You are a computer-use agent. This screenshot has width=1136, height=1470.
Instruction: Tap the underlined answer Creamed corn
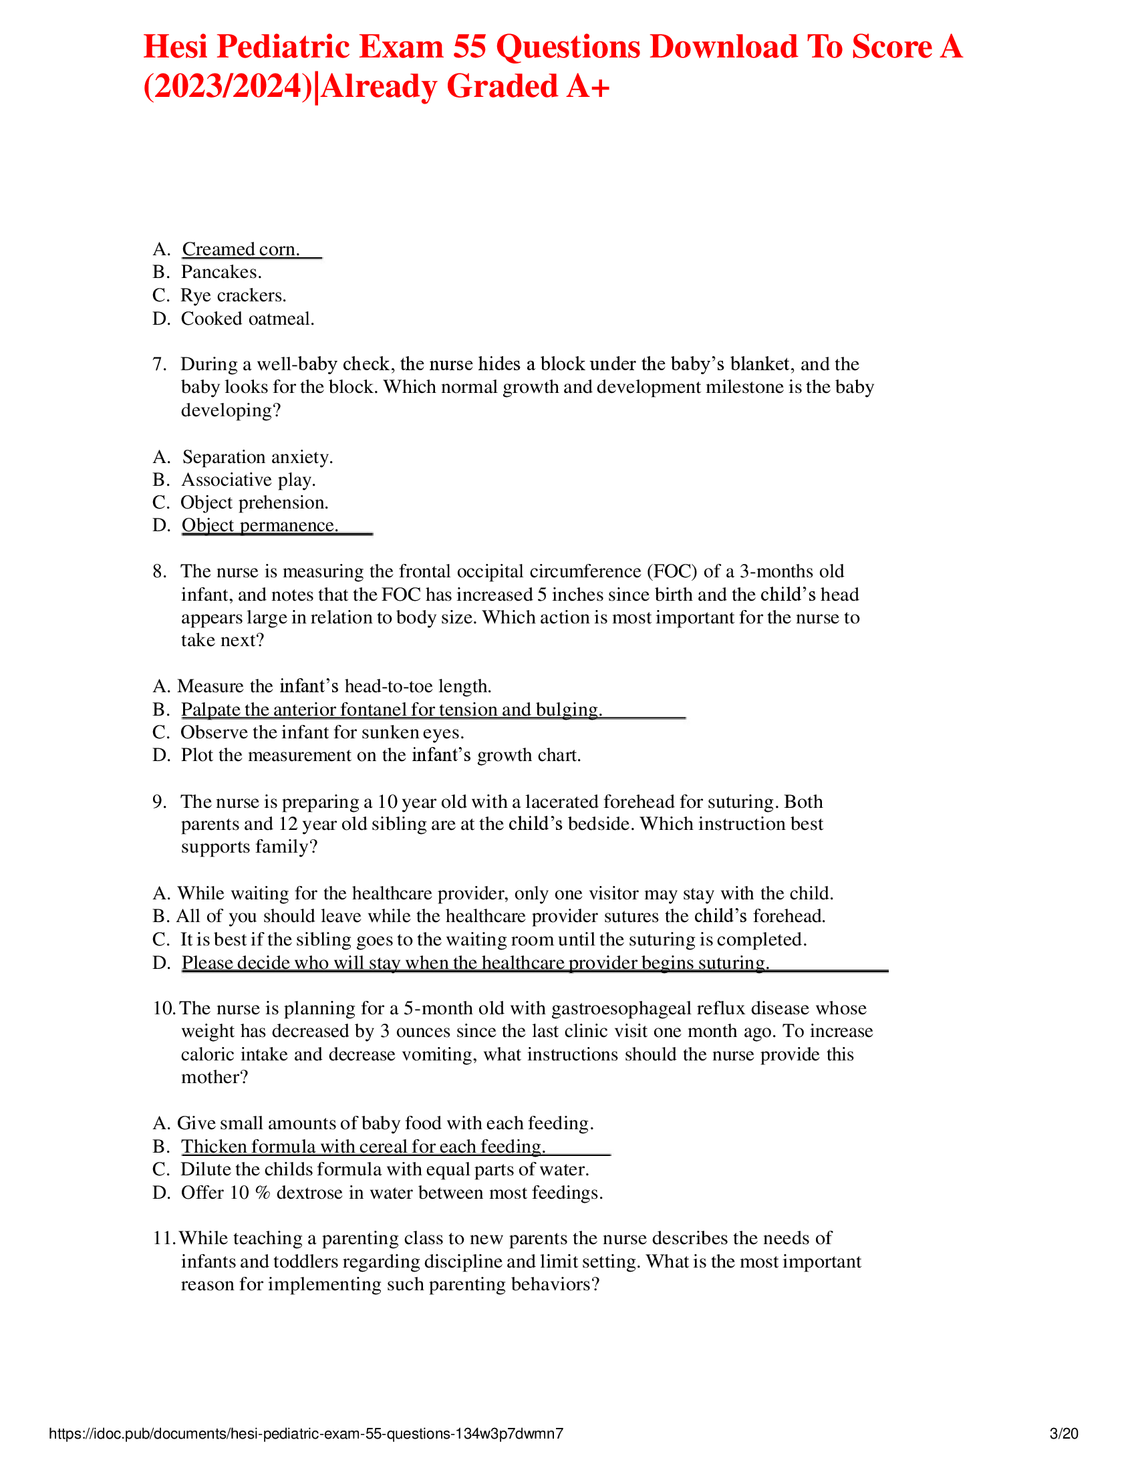(241, 249)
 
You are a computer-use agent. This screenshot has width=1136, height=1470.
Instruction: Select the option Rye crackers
(233, 295)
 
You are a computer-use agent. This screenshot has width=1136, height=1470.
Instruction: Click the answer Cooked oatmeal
(247, 318)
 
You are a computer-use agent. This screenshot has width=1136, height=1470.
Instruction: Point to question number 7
(159, 364)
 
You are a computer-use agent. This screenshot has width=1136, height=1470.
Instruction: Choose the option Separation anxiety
(257, 457)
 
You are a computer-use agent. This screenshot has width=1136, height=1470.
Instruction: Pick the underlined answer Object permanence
(260, 525)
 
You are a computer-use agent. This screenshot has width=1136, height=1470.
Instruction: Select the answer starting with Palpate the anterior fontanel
(391, 710)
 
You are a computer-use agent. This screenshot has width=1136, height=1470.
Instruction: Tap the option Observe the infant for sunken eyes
(321, 732)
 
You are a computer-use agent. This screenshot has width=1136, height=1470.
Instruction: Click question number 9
(159, 802)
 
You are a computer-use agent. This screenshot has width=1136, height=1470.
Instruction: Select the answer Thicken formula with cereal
(363, 1146)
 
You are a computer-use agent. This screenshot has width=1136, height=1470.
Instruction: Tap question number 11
(164, 1238)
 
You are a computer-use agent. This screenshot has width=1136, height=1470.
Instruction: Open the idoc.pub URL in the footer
(306, 1434)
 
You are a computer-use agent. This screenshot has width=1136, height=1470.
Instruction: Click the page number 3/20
(1064, 1434)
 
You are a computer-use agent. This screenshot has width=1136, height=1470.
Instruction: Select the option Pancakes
(221, 272)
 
